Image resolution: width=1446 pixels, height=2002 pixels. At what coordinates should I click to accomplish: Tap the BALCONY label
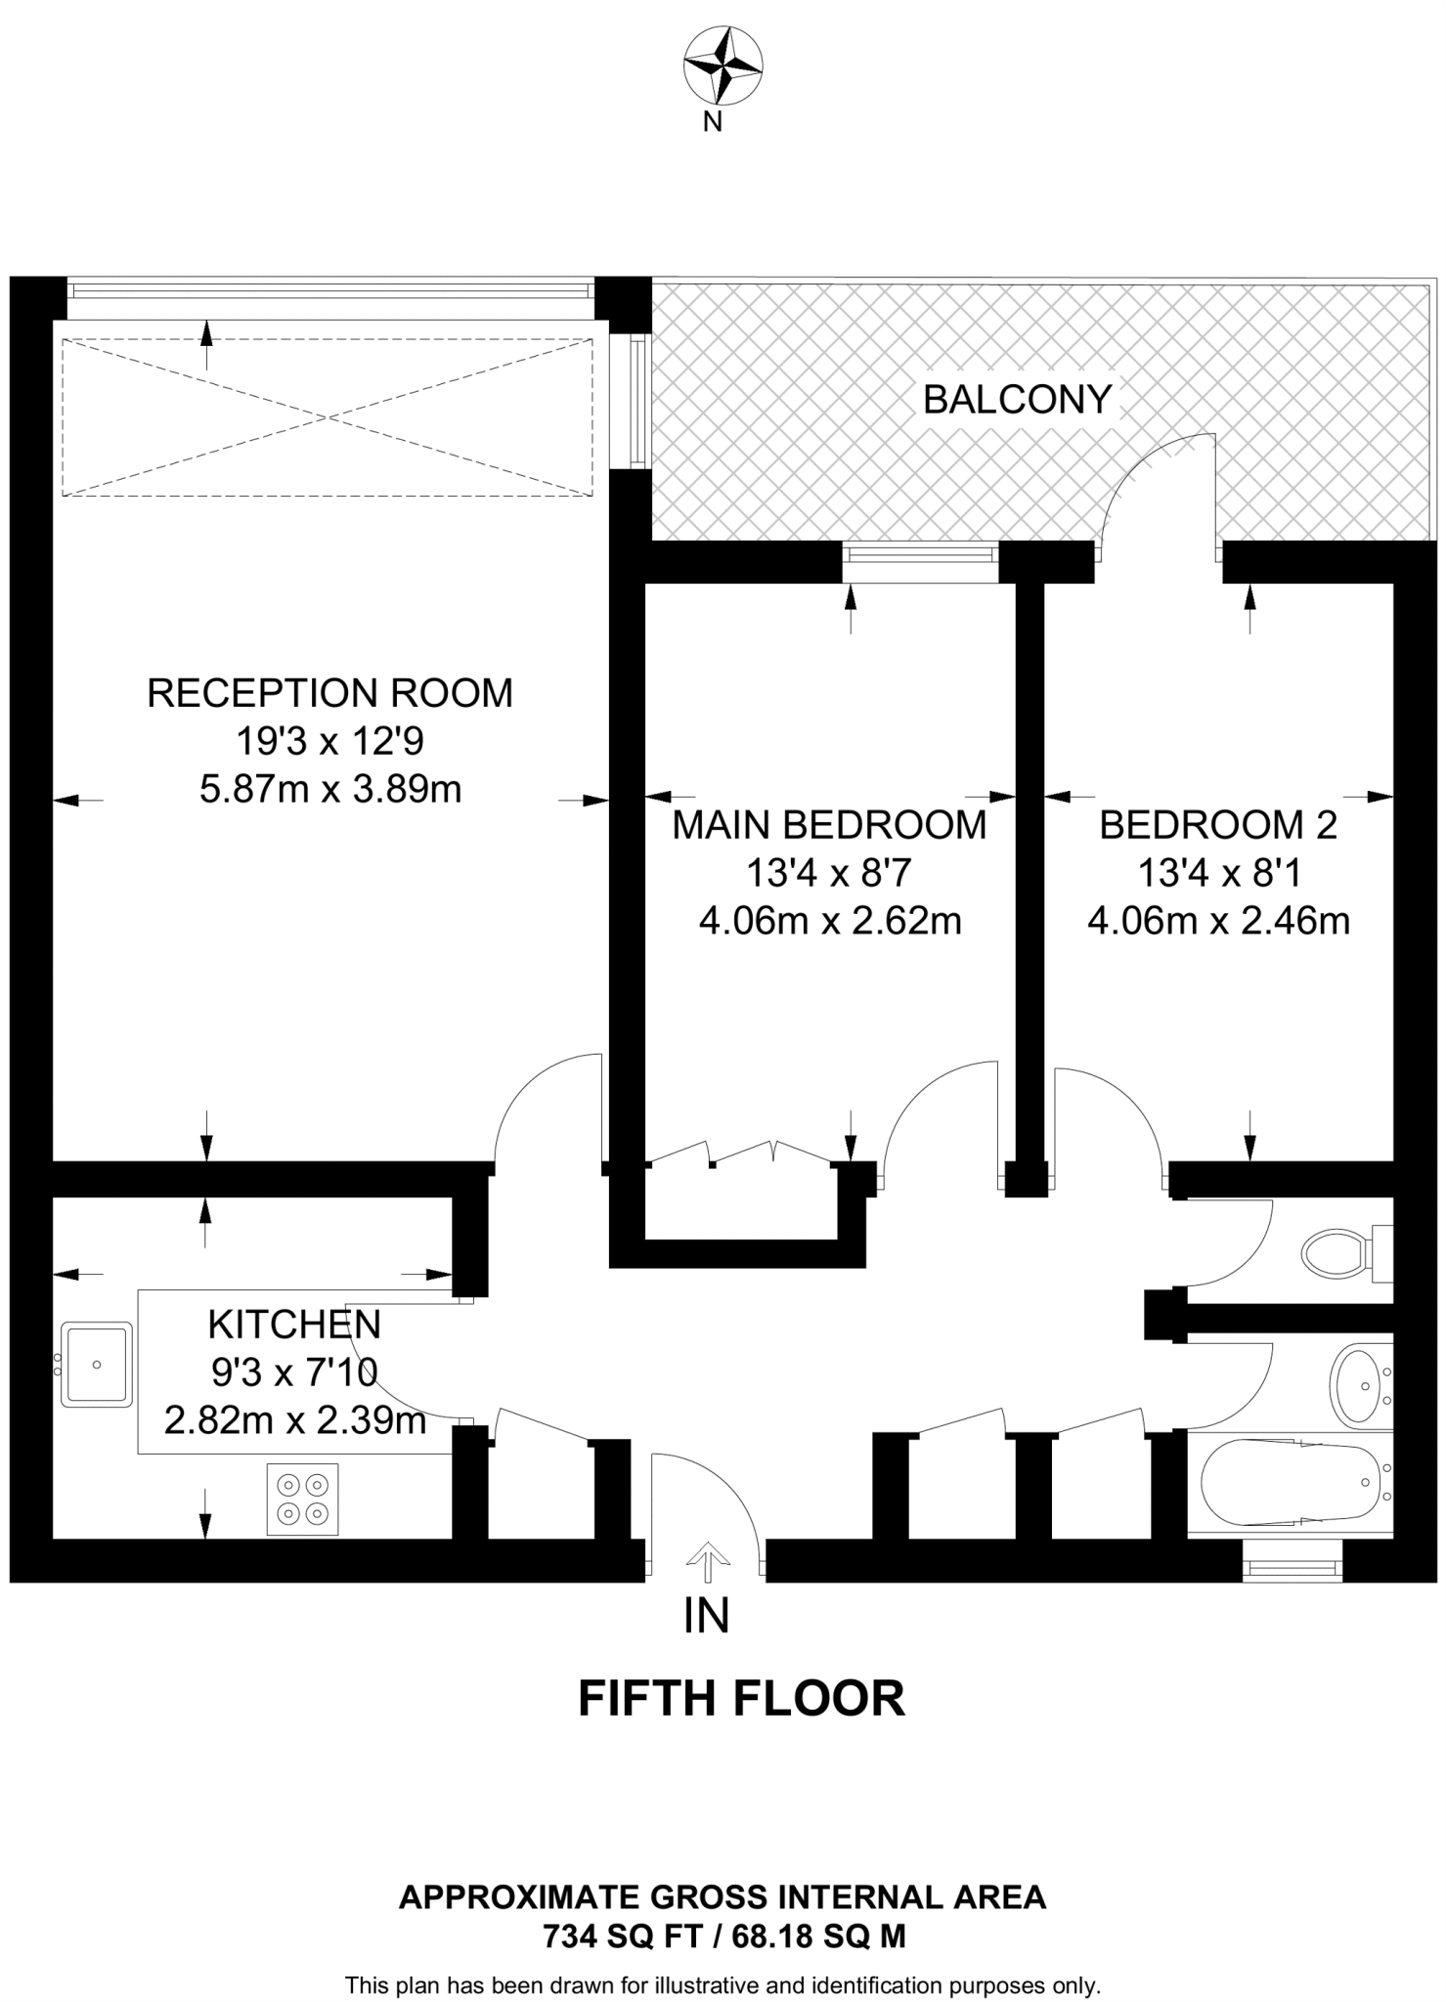tap(1017, 400)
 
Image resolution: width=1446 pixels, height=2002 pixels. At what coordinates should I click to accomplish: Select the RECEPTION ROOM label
tap(329, 693)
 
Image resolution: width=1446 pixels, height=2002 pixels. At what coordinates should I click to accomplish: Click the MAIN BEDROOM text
tap(829, 825)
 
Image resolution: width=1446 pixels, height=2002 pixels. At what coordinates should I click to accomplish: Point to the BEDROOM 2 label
tap(1218, 825)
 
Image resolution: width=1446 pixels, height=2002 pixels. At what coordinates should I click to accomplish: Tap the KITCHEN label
tap(294, 1325)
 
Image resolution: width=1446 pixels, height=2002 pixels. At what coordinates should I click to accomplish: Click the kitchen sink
tap(96, 1364)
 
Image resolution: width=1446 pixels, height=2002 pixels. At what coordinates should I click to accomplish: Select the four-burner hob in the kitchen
tap(302, 1499)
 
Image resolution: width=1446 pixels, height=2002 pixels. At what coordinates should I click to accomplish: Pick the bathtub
tap(1291, 1482)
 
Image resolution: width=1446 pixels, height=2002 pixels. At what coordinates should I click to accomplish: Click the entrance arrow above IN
tap(706, 1560)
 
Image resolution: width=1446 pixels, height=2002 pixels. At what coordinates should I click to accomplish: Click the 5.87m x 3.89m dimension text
tap(330, 788)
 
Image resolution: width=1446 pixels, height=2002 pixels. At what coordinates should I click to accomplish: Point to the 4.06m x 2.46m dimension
tap(1218, 921)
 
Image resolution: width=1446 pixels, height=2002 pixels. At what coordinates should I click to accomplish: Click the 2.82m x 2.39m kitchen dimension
tap(294, 1419)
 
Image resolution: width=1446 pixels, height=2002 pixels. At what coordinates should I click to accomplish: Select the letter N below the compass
tap(713, 123)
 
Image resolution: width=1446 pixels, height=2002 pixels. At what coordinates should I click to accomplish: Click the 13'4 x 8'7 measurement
tap(829, 873)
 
